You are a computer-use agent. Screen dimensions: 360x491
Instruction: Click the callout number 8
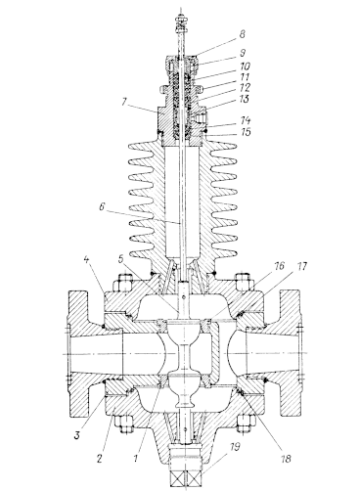coord(242,34)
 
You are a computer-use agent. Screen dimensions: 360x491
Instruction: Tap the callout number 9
coord(242,53)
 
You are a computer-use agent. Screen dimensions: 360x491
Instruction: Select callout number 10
coord(245,66)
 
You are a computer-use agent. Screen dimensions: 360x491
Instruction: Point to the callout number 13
coord(245,99)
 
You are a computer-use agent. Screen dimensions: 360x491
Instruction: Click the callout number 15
coord(245,132)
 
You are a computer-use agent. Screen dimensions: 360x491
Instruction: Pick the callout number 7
coord(124,102)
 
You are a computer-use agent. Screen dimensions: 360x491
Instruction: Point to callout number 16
coord(278,266)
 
